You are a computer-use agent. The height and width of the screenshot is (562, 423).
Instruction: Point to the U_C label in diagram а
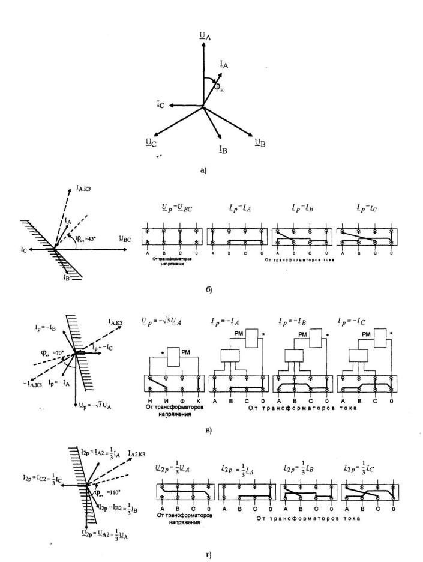[150, 141]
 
